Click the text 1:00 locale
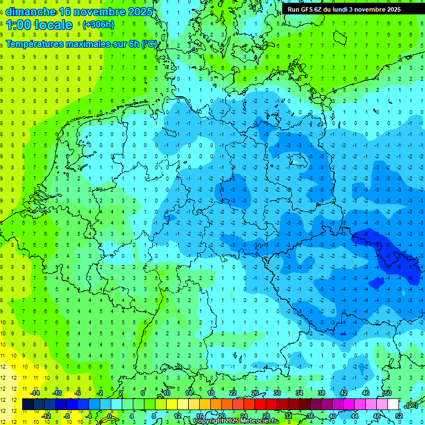point(39,25)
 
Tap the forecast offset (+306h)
point(99,25)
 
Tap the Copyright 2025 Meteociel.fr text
point(235,421)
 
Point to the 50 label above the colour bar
point(388,393)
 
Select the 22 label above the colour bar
point(233,393)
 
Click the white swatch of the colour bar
point(393,405)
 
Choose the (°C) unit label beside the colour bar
point(411,405)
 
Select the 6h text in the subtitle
point(133,44)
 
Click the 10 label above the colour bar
point(167,393)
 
